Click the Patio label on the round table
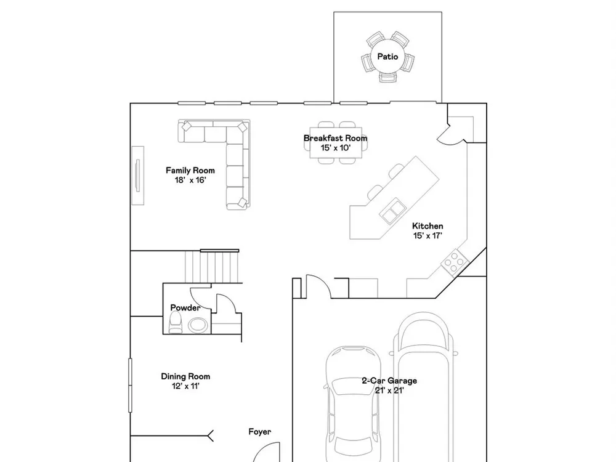click(387, 57)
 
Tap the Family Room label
click(190, 171)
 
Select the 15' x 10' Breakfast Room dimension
click(336, 148)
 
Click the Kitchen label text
click(428, 226)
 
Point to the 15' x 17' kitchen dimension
click(428, 236)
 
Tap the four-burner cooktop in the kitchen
click(455, 262)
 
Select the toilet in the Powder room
click(176, 323)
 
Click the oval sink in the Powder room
click(198, 325)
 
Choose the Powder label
click(185, 307)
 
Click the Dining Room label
click(185, 376)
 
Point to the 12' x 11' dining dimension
click(185, 386)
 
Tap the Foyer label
click(260, 432)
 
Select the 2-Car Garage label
click(389, 381)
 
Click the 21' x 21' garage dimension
click(389, 391)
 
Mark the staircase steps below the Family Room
click(212, 266)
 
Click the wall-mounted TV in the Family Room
click(137, 175)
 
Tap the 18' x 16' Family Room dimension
click(190, 180)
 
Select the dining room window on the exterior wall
click(131, 385)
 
